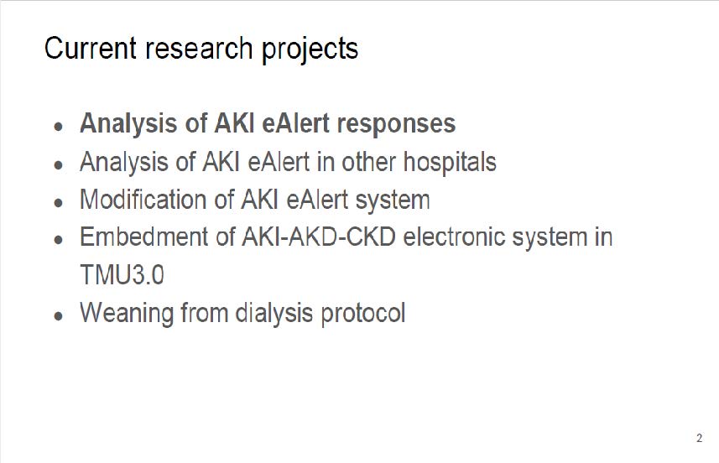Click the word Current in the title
[91, 48]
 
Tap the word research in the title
[199, 48]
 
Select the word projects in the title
[310, 50]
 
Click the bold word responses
[396, 125]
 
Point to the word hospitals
[450, 162]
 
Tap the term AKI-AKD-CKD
[318, 237]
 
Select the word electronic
[453, 237]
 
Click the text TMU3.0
[122, 275]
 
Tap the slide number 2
[699, 438]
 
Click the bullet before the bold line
[58, 127]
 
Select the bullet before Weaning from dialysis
[58, 316]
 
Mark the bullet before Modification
[58, 203]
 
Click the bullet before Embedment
[58, 240]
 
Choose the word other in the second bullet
[368, 162]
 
